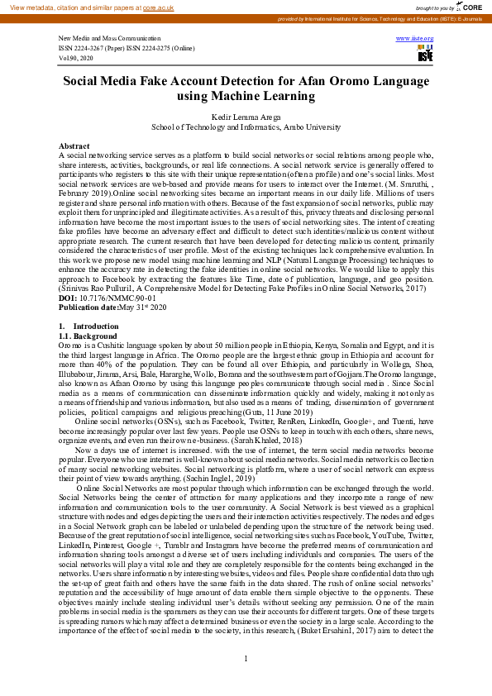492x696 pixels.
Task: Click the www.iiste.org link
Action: pyautogui.click(x=415, y=39)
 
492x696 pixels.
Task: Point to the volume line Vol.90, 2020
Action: pyautogui.click(x=76, y=59)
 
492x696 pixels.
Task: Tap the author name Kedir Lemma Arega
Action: pyautogui.click(x=246, y=118)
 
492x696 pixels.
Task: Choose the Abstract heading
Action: pyautogui.click(x=74, y=145)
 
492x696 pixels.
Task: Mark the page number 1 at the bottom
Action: pyautogui.click(x=246, y=681)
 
